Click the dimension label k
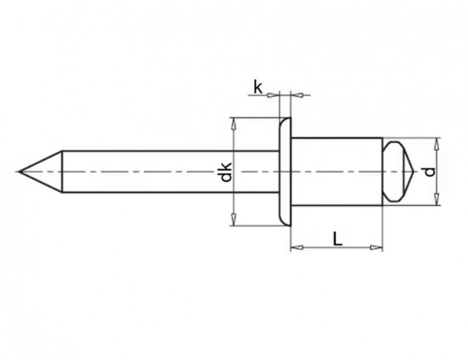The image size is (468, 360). (258, 85)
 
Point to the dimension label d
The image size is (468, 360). (431, 173)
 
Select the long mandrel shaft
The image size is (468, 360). (170, 172)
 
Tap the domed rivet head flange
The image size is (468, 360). (285, 172)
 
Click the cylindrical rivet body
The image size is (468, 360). (336, 172)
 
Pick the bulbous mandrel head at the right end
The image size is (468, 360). (396, 172)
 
